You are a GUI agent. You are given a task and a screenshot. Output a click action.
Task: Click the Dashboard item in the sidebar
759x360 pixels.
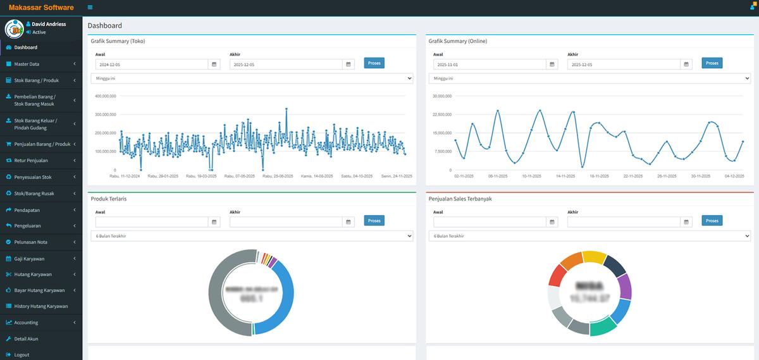click(25, 47)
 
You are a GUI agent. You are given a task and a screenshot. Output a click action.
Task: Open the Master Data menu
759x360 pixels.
click(27, 64)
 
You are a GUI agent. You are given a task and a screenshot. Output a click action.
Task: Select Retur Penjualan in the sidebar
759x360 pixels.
click(31, 161)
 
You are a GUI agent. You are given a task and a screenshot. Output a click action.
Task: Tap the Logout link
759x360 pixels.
click(22, 355)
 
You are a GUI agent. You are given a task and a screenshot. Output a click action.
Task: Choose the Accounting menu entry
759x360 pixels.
click(26, 323)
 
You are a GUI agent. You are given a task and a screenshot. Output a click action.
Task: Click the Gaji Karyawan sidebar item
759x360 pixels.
click(29, 259)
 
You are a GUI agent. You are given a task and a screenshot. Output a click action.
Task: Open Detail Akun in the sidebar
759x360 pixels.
click(26, 339)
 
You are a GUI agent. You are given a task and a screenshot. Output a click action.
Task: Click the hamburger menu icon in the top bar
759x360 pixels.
click(90, 8)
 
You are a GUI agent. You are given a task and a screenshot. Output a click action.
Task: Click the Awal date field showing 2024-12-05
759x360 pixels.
click(152, 65)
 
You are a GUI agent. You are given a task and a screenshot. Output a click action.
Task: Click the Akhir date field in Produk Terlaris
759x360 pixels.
click(286, 222)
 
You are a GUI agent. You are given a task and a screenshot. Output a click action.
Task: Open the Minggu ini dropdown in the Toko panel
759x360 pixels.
click(252, 78)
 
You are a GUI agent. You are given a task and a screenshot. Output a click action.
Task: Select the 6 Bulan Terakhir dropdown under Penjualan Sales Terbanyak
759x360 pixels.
click(589, 236)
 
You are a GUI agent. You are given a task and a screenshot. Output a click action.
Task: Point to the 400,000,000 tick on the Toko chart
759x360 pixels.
click(106, 96)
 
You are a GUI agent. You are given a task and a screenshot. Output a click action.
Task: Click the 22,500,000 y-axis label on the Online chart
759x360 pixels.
click(442, 115)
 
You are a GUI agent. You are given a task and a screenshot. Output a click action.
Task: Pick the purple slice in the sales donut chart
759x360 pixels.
click(624, 286)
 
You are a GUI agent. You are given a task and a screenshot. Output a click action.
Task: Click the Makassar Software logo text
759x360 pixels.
click(41, 8)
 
